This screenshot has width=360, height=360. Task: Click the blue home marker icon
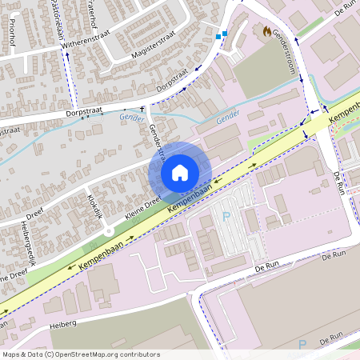tap(180, 172)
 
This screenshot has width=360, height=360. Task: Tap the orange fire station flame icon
tap(266, 30)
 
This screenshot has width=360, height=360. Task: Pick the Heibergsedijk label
tap(33, 241)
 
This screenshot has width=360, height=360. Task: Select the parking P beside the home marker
tap(226, 216)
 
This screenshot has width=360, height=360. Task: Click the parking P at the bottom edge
tap(302, 344)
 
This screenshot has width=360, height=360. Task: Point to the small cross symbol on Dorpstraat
tap(143, 109)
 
